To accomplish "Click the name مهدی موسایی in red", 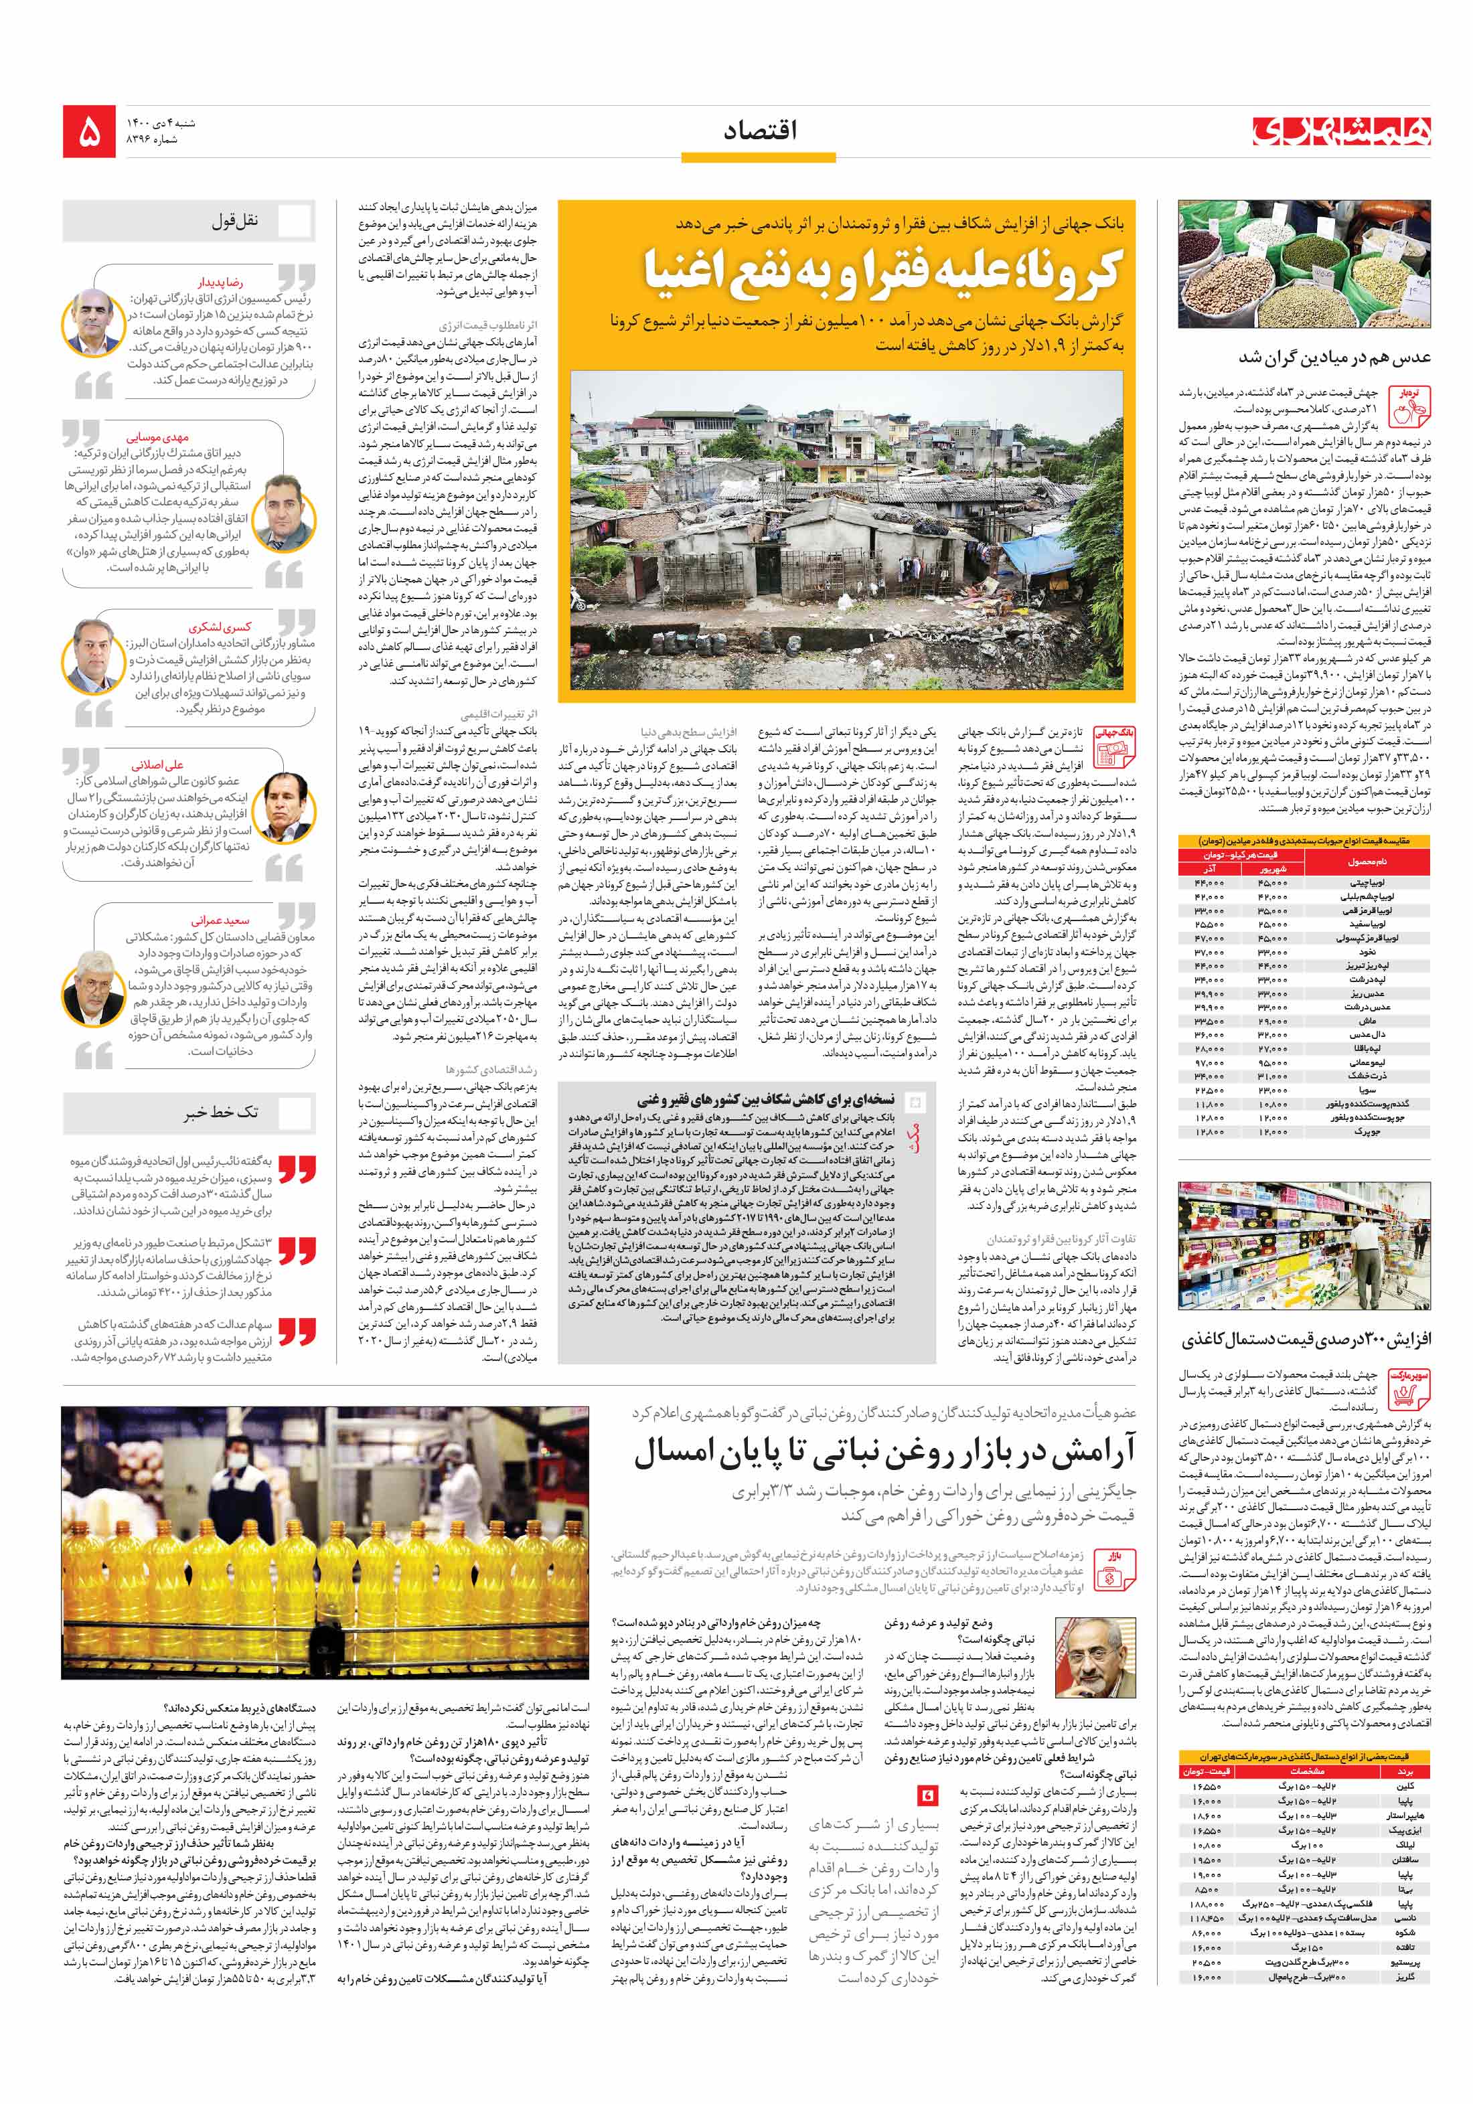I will (157, 438).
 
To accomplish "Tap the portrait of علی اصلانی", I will (288, 807).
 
